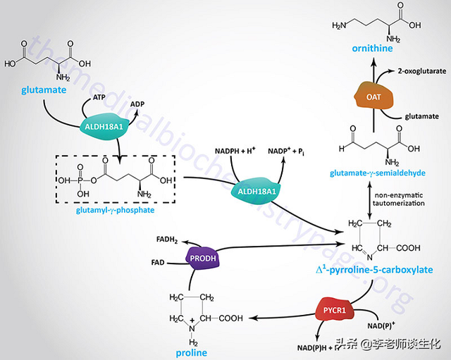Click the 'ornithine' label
pyautogui.click(x=373, y=48)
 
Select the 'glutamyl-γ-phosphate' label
pyautogui.click(x=116, y=209)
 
